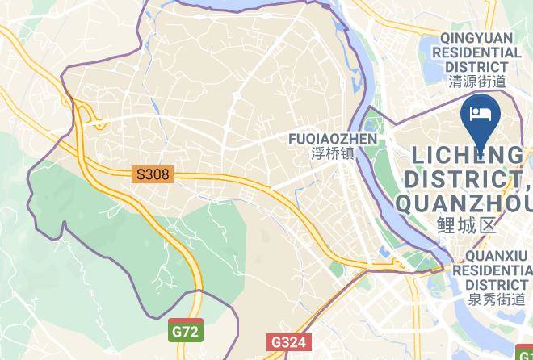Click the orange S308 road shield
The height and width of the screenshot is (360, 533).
tap(153, 174)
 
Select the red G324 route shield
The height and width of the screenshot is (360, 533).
tap(287, 341)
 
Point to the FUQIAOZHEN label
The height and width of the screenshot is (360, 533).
tap(333, 139)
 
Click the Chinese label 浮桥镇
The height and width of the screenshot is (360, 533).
tap(333, 153)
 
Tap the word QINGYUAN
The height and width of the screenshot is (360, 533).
tap(481, 37)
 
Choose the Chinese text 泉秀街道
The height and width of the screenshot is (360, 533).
tap(496, 299)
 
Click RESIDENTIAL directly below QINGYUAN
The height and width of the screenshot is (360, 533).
tap(476, 52)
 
